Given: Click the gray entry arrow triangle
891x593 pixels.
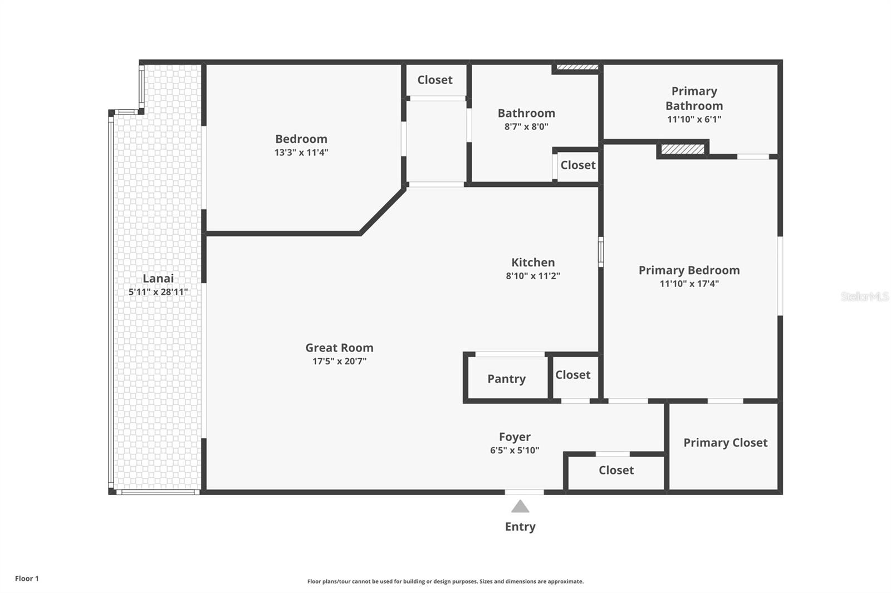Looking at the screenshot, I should (520, 507).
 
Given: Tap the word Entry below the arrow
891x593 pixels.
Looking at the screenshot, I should (520, 527).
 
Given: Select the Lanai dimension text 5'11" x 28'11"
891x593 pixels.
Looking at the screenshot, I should (158, 292).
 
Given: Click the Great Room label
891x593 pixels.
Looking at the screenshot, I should (339, 348).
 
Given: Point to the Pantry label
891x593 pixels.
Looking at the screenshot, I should (506, 379).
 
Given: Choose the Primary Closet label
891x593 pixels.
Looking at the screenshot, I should (725, 443).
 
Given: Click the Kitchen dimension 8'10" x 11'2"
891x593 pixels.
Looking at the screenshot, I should (533, 276).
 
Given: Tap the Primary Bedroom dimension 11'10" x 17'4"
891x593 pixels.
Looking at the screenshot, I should (689, 284).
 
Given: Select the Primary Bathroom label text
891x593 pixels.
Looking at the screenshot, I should (694, 98).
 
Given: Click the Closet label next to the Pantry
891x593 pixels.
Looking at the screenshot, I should (572, 375).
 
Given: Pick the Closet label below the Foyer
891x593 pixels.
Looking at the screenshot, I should (616, 471).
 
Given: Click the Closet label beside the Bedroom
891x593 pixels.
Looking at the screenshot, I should (435, 80).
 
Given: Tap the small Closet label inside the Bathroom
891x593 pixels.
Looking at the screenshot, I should (577, 165).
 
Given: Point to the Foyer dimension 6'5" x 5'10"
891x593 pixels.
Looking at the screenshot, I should (515, 451).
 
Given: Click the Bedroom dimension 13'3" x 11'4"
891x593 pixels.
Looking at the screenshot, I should (301, 152).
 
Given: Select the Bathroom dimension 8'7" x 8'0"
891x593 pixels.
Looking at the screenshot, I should (526, 127).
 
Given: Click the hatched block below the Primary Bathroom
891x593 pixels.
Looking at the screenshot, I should (683, 150).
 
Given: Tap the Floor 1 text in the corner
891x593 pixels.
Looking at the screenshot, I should (27, 579).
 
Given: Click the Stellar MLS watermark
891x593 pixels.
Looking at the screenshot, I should (864, 296).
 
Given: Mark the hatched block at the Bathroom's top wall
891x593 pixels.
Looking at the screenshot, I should (577, 67).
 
